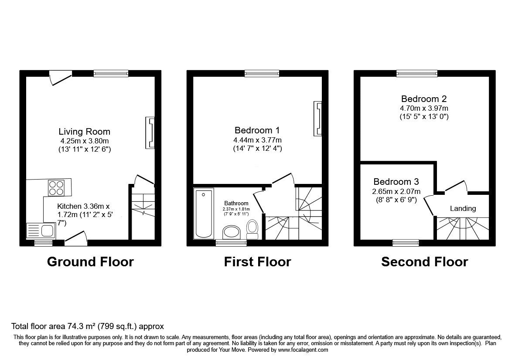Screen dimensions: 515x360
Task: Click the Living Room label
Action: [85, 132]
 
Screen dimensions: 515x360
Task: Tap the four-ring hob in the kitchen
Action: [56, 188]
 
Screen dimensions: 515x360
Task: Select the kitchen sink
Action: [41, 231]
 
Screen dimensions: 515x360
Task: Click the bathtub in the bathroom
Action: [204, 213]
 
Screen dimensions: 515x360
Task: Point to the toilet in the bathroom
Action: [252, 229]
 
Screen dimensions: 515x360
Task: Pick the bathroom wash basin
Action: [232, 232]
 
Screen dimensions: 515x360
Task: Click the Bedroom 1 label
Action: [257, 130]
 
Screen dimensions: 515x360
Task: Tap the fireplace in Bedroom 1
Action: [317, 118]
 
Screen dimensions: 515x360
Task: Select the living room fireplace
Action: [150, 133]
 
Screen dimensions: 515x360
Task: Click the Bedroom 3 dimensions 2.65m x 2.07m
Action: [396, 191]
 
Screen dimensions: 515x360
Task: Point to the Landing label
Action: [463, 208]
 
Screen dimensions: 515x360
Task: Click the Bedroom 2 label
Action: [424, 99]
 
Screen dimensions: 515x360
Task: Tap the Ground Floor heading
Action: [90, 262]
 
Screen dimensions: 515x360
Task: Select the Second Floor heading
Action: [424, 262]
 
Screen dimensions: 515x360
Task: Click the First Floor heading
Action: [257, 262]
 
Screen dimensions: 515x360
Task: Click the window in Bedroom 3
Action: [406, 243]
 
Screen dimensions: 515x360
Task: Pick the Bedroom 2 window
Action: [417, 74]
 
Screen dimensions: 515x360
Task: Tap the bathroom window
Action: [231, 243]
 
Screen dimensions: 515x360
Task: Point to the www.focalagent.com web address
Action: [303, 350]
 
